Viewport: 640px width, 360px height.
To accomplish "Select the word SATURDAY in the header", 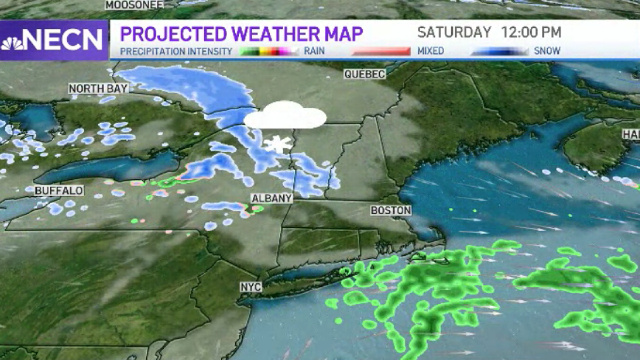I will [454, 32].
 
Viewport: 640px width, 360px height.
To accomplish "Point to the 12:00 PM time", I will [531, 32].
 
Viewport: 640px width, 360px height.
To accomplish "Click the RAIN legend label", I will [315, 51].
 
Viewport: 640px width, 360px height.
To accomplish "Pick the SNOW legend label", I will [547, 51].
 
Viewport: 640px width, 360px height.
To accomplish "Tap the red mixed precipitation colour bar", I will [380, 51].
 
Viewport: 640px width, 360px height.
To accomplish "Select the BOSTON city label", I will [391, 211].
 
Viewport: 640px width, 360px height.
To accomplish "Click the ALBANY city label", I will [272, 198].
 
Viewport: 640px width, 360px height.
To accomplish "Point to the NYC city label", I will [251, 287].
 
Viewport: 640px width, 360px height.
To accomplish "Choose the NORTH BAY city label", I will [98, 89].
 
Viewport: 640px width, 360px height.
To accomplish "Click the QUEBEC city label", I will [365, 74].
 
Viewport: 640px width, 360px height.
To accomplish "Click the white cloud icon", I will [285, 116].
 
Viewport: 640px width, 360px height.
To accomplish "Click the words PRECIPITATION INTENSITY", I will [176, 51].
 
